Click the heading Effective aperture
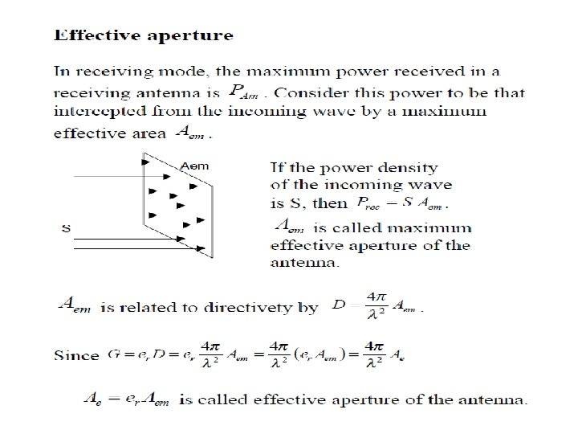pos(143,35)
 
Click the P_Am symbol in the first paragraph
pos(244,92)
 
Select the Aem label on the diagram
pos(195,166)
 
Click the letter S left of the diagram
pos(66,228)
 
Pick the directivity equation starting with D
pos(376,306)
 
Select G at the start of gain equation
pos(110,354)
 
